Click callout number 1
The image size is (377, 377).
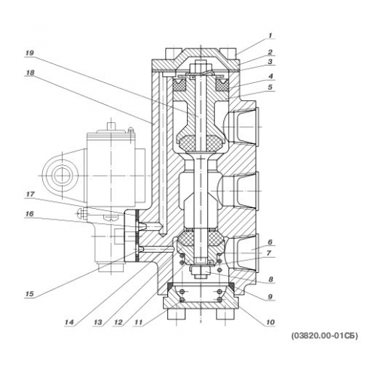pyautogui.click(x=270, y=35)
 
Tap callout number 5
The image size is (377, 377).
pyautogui.click(x=270, y=87)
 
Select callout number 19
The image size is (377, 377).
pyautogui.click(x=29, y=53)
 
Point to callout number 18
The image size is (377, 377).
pyautogui.click(x=30, y=73)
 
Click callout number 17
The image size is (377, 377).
pyautogui.click(x=30, y=195)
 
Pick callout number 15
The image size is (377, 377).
pyautogui.click(x=29, y=294)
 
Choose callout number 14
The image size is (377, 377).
pyautogui.click(x=69, y=322)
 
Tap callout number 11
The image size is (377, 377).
pyautogui.click(x=139, y=322)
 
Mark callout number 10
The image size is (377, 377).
pyautogui.click(x=270, y=322)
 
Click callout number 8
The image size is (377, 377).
pyautogui.click(x=271, y=279)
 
